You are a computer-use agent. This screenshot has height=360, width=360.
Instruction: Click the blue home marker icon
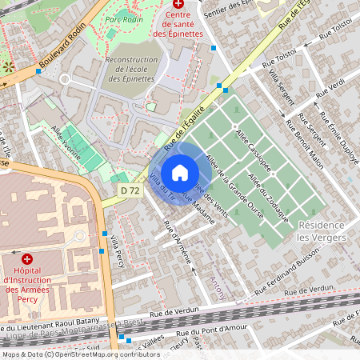(x=180, y=173)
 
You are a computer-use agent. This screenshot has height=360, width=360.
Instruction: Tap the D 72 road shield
(x=128, y=190)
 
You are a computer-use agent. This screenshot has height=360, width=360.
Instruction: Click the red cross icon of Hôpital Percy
(x=27, y=259)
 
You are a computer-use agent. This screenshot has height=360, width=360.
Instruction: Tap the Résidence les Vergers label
(x=322, y=231)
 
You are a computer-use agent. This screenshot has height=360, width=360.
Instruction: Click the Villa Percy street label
(x=118, y=251)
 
